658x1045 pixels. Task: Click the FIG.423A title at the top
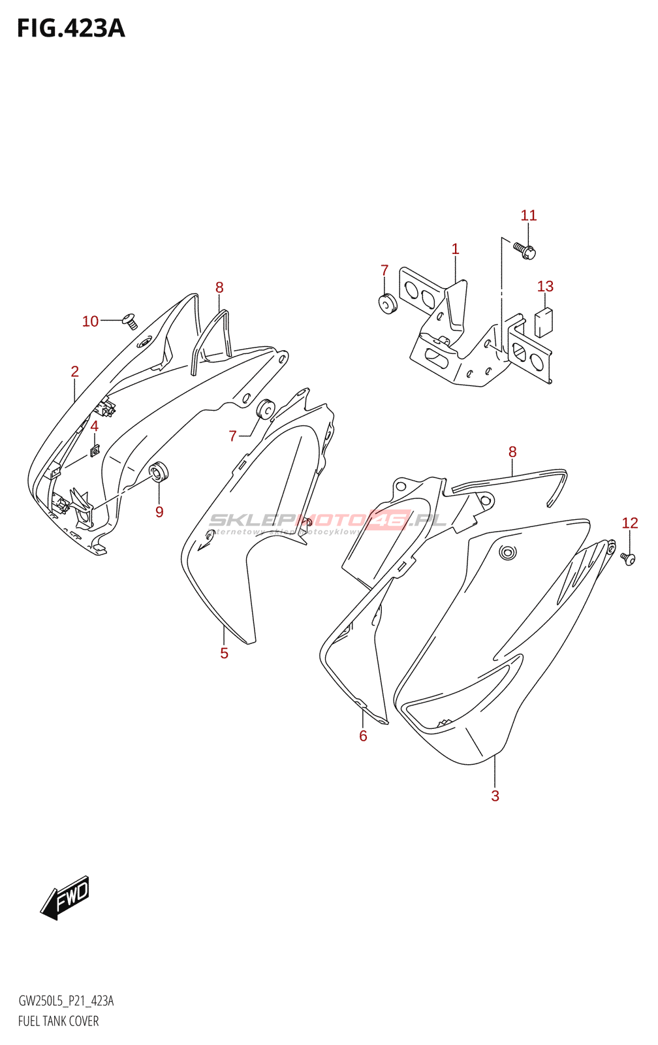[x=70, y=29]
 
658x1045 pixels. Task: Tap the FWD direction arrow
[x=65, y=899]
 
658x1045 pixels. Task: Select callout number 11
[x=529, y=216]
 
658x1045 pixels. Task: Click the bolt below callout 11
[x=524, y=250]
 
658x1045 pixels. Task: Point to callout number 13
[x=545, y=286]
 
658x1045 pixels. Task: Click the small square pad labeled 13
[x=543, y=321]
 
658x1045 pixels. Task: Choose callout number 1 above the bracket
[x=455, y=249]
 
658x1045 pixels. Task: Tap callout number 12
[x=629, y=522]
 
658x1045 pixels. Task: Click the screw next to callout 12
[x=628, y=559]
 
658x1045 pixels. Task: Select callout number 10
[x=90, y=321]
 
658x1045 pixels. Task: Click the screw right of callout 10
[x=130, y=321]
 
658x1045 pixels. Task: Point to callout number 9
[x=159, y=512]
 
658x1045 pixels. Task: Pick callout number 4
[x=94, y=426]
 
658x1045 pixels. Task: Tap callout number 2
[x=75, y=372]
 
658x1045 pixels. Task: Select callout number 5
[x=224, y=653]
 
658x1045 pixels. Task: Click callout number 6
[x=363, y=736]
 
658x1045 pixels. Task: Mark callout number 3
[x=495, y=796]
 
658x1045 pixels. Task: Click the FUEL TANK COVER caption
[x=59, y=1021]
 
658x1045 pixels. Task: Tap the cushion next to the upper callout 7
[x=388, y=304]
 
